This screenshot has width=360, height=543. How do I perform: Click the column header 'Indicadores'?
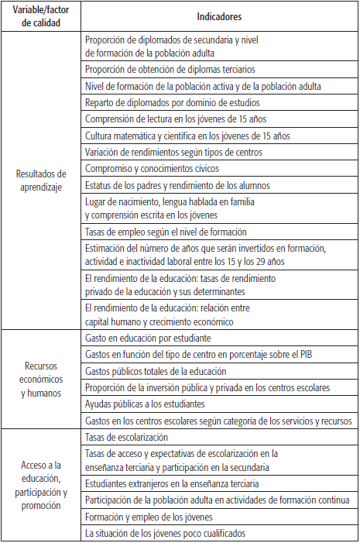pos(219,15)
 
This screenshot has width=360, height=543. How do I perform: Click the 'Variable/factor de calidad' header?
pos(40,15)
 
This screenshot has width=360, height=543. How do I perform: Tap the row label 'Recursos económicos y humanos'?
pos(40,380)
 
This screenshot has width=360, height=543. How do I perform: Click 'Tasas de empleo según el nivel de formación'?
pos(166,232)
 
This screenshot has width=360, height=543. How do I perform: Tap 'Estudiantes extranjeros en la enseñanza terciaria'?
pos(183,483)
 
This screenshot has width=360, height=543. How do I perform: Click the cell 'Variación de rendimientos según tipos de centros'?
pos(178,151)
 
